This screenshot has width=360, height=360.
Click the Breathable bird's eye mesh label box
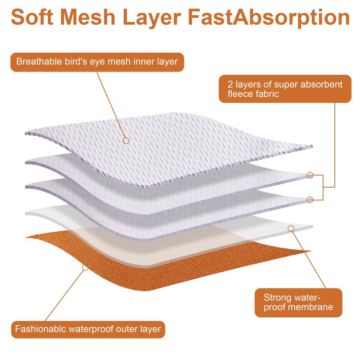[x=97, y=62]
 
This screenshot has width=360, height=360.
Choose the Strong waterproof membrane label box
[x=297, y=302]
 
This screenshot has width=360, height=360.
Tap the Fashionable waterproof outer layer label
[x=88, y=329]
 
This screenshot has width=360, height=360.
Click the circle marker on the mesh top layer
[x=126, y=140]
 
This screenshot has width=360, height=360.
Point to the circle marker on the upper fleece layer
[x=310, y=175]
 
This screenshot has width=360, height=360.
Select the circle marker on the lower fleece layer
[x=310, y=199]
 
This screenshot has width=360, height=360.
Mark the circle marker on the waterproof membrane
[x=291, y=229]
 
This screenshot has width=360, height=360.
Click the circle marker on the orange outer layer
[x=84, y=267]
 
